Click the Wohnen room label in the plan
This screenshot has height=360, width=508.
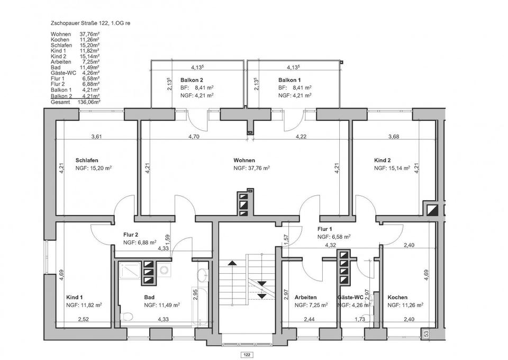[x=244, y=160]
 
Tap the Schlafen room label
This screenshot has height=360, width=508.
[x=87, y=160]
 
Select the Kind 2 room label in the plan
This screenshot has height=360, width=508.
[x=383, y=160]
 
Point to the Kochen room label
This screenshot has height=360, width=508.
[x=397, y=298]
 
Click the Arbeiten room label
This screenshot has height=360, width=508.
[x=306, y=298]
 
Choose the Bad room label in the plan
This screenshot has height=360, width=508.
[x=149, y=298]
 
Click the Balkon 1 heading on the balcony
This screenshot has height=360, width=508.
[x=289, y=80]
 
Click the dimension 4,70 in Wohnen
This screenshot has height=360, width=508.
[x=194, y=137]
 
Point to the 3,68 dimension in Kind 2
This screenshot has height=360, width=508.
[x=394, y=137]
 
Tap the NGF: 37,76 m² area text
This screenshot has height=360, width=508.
[x=252, y=168]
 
